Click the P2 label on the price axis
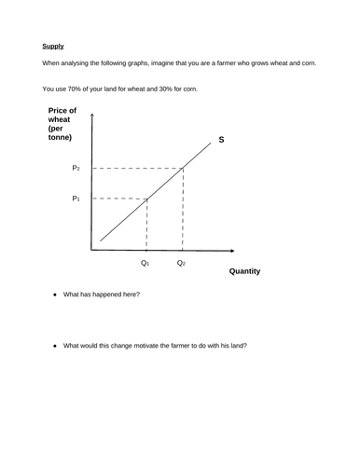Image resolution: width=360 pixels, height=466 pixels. (76, 168)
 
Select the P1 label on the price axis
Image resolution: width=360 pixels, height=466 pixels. (76, 199)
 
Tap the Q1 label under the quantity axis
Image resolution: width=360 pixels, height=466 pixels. (145, 263)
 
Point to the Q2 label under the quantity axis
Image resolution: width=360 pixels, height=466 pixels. (181, 263)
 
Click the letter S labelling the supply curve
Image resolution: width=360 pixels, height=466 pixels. (221, 141)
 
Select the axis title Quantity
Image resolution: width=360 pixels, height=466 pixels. (243, 271)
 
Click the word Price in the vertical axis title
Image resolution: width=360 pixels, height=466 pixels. (57, 111)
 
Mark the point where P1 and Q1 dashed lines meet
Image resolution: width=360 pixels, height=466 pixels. (147, 199)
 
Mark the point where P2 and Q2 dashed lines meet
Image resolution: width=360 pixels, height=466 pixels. (182, 168)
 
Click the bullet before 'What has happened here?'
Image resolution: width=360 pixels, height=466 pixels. (55, 295)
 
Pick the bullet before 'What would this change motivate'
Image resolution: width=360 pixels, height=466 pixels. (55, 346)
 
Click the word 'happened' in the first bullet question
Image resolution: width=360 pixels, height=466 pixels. (101, 295)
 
